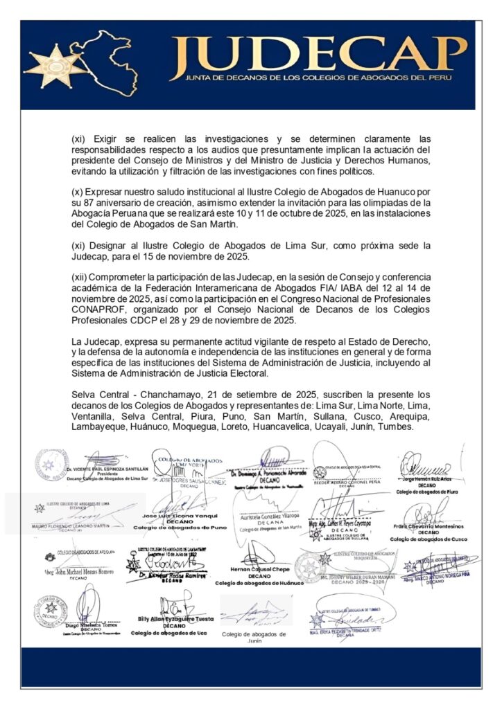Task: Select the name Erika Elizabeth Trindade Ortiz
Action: (x=354, y=629)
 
